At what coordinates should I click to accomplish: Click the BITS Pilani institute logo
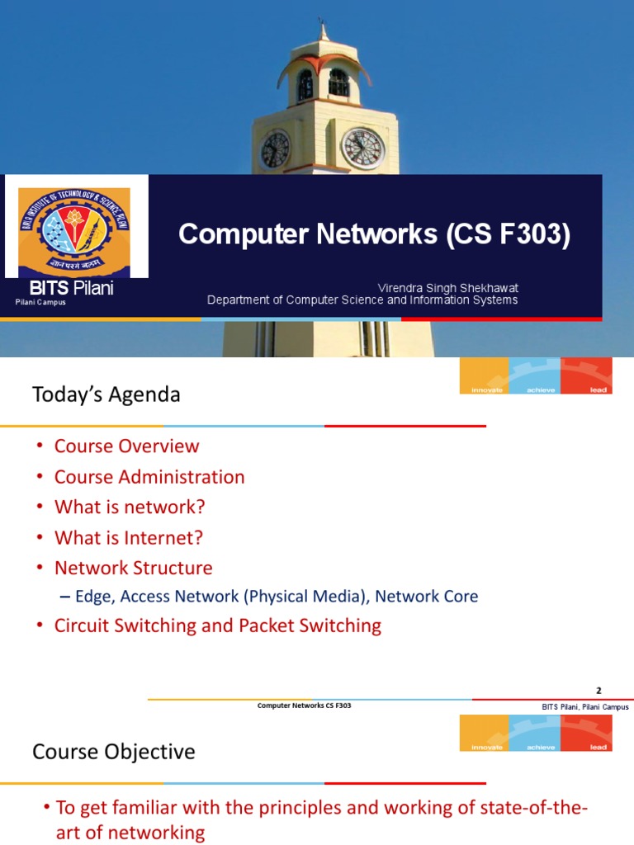76,225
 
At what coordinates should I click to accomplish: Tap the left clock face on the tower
274,149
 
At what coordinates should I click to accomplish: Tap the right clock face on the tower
362,148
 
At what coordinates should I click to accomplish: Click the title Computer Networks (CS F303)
374,234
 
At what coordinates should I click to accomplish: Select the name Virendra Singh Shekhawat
447,287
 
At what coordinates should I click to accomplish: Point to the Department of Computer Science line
362,300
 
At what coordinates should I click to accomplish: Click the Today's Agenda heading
106,394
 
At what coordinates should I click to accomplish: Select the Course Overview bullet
126,446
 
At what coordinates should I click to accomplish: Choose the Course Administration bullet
149,477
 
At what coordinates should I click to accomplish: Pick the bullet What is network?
130,507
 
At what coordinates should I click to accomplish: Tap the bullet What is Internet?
128,537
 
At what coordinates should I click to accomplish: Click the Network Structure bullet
133,568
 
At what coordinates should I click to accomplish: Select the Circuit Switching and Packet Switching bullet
217,625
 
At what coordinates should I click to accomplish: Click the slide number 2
599,691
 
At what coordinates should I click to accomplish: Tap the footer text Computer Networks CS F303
305,706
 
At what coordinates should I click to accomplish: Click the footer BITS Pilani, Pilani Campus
584,706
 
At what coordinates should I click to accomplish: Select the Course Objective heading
114,752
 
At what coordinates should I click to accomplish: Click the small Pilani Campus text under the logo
40,303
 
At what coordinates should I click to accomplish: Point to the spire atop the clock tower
323,29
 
